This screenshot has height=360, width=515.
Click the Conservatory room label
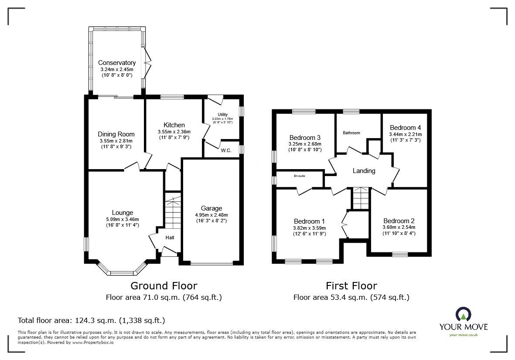pyautogui.click(x=116, y=63)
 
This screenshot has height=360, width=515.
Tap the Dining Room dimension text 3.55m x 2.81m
pyautogui.click(x=116, y=141)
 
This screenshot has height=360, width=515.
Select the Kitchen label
pyautogui.click(x=174, y=125)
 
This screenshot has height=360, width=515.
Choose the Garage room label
pyautogui.click(x=211, y=208)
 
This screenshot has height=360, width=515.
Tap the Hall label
pyautogui.click(x=170, y=238)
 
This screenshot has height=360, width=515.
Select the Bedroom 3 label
pyautogui.click(x=304, y=138)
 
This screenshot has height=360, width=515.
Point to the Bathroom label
pyautogui.click(x=351, y=133)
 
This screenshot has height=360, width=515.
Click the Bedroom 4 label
pyautogui.click(x=405, y=128)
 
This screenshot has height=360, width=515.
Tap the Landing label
pyautogui.click(x=364, y=171)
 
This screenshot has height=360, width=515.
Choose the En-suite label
pyautogui.click(x=299, y=176)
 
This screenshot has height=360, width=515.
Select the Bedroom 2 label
pyautogui.click(x=399, y=221)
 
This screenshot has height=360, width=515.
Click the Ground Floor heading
pyautogui.click(x=164, y=286)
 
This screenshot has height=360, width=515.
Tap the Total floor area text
pyautogui.click(x=91, y=320)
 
